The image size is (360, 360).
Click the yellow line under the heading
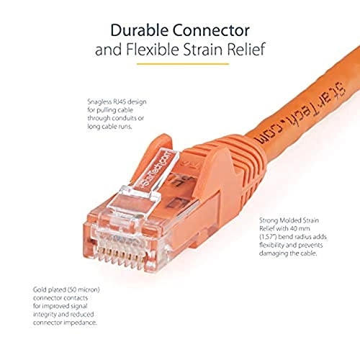(179, 66)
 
